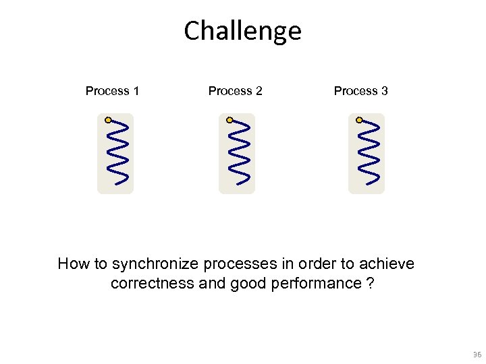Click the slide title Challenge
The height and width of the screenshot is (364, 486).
(x=242, y=31)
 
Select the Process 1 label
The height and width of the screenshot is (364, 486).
(x=112, y=91)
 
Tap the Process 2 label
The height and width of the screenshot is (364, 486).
(x=235, y=91)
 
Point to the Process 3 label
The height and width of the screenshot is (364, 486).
(x=360, y=91)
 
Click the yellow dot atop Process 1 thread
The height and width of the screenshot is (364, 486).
(x=108, y=120)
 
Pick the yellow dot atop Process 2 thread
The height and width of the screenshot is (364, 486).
(x=230, y=120)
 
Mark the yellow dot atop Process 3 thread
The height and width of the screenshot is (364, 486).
(x=359, y=120)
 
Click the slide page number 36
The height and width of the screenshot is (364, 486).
(x=477, y=355)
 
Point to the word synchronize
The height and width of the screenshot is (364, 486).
(x=153, y=264)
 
